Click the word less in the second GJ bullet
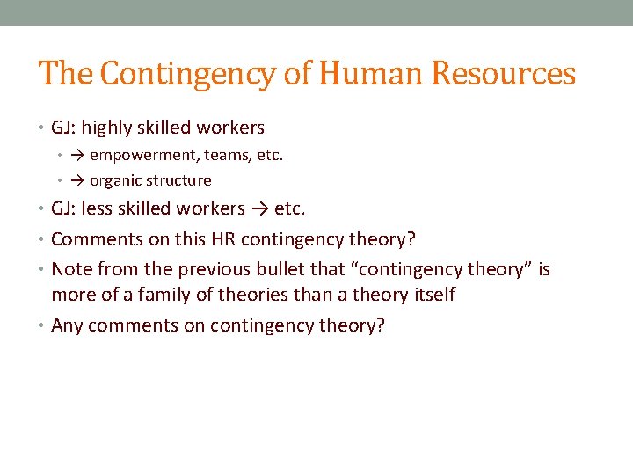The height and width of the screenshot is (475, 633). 96,208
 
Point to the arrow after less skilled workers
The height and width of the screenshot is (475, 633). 261,208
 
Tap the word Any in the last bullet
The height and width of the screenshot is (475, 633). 67,326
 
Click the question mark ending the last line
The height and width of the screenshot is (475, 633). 380,325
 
